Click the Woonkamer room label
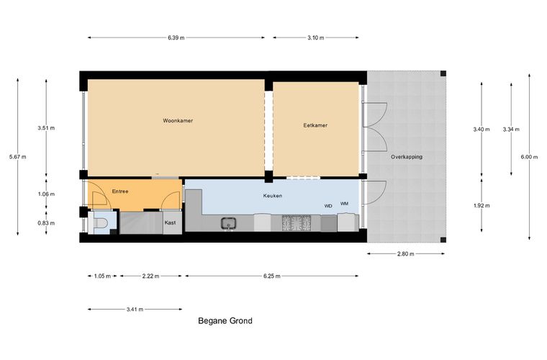coord(178,121)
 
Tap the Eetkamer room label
coord(315,125)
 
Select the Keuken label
coord(273,196)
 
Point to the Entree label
coord(120,192)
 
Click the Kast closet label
coord(171,222)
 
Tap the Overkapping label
coord(407,157)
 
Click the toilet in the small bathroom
coord(101,223)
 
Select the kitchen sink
coord(228,223)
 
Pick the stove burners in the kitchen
coord(297,223)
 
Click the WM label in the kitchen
coord(344,204)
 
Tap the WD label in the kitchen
coord(328,206)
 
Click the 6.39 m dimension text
coord(176,37)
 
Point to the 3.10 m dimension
coord(316,37)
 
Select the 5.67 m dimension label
coord(18,157)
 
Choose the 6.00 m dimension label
coord(529,157)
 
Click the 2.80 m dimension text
coord(406,254)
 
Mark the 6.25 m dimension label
coord(272,276)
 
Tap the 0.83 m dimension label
coord(46,223)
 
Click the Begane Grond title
coord(225,321)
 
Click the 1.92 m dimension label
coord(482,206)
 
